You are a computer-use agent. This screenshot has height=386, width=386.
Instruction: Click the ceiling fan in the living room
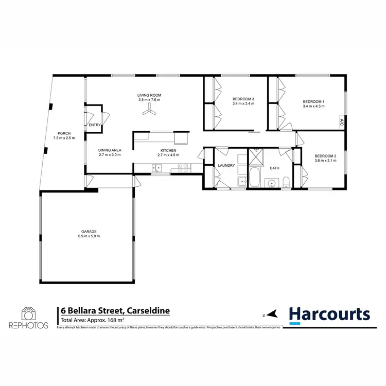[150, 110]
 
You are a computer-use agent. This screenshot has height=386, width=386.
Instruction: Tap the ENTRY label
[95, 125]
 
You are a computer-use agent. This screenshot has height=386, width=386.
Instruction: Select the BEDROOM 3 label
[243, 98]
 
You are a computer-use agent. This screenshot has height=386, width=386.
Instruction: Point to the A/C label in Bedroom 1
[341, 122]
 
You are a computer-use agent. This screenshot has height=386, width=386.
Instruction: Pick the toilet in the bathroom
[285, 182]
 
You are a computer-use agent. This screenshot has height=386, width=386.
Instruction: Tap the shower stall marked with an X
[255, 156]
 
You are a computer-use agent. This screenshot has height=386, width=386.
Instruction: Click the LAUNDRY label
[226, 166]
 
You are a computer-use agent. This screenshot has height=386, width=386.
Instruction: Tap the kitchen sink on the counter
[156, 167]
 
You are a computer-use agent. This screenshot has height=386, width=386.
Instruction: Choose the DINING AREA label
[109, 150]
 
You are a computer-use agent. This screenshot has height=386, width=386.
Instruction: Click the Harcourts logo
[329, 314]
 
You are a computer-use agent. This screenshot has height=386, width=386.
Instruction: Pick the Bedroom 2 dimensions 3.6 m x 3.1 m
[325, 161]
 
